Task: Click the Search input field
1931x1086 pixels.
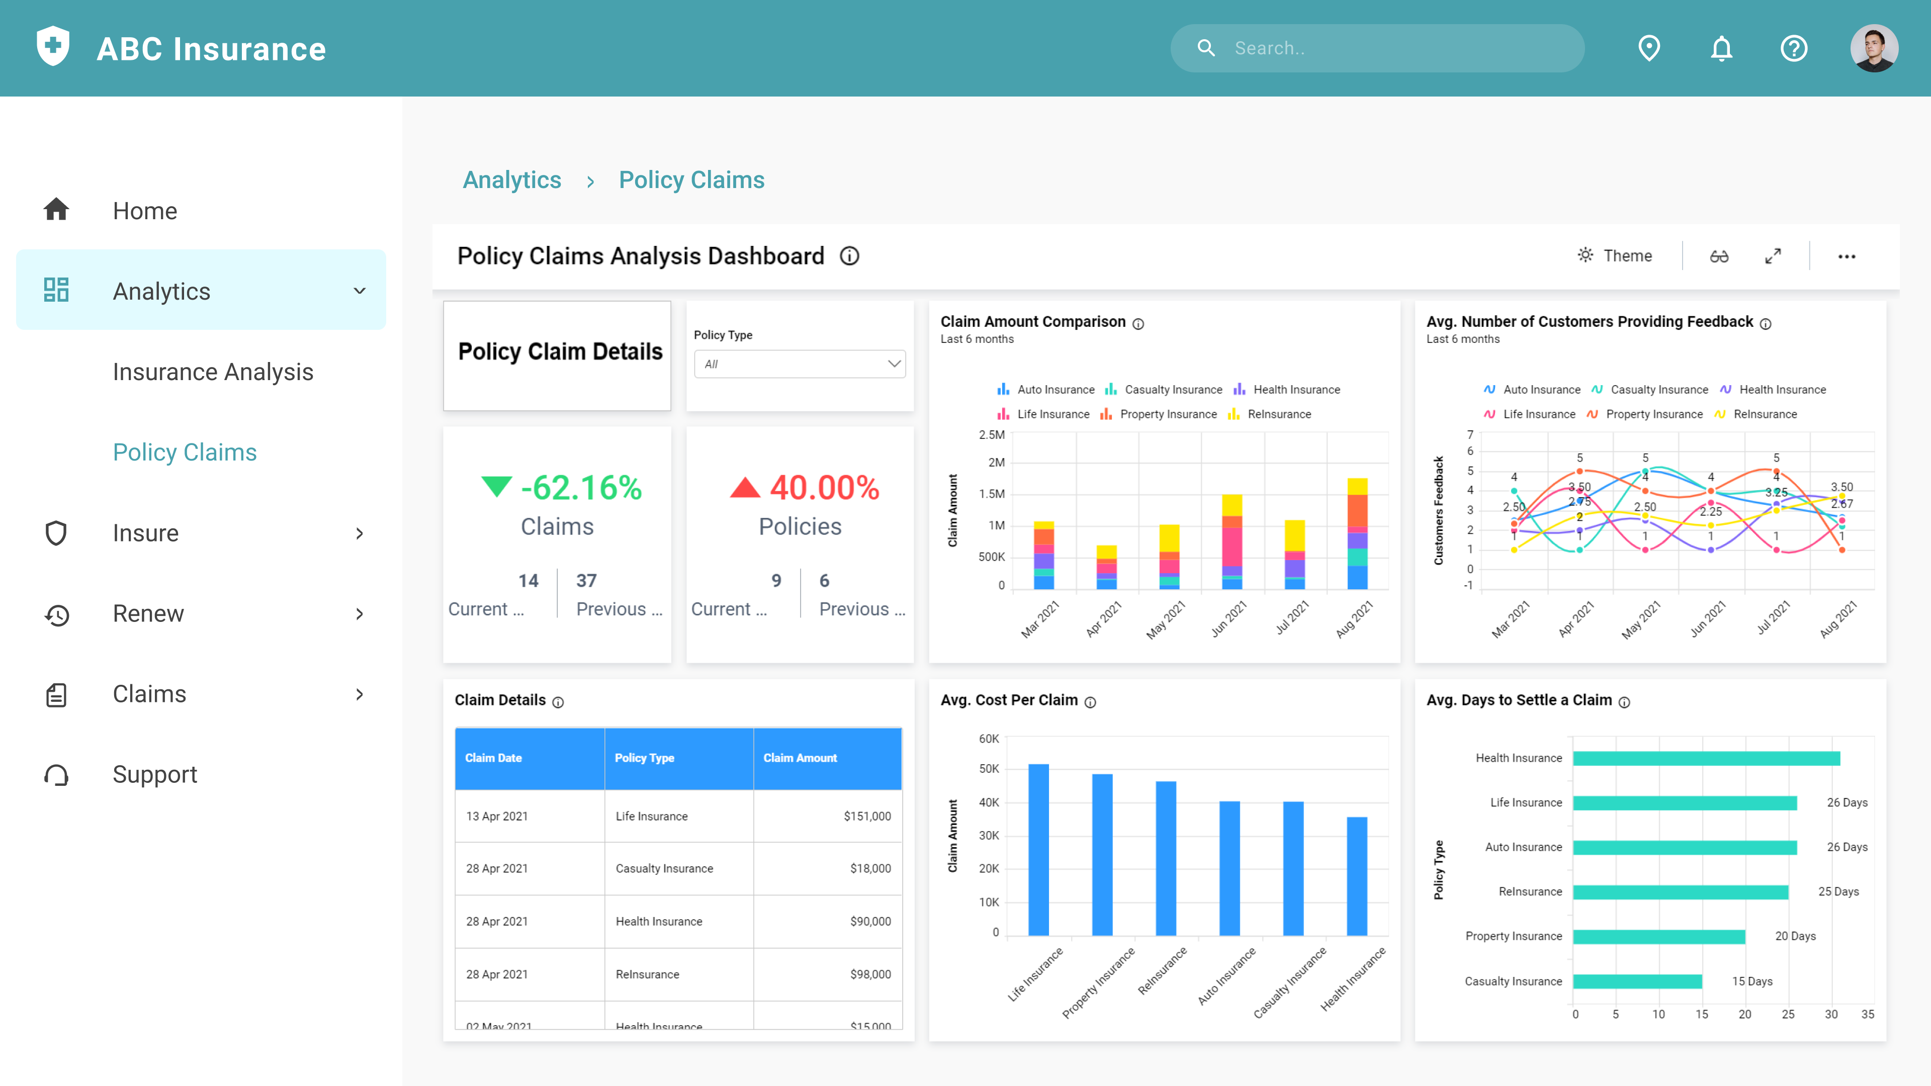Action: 1394,48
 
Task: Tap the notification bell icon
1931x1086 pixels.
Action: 1722,48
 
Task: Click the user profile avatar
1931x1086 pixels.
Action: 1874,48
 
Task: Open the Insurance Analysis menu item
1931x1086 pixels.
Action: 213,372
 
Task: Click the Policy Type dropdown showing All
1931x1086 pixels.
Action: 799,364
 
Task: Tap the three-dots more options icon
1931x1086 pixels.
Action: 1847,256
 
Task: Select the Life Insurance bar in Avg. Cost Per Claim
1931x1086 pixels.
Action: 1038,849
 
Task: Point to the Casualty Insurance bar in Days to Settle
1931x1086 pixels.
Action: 1637,981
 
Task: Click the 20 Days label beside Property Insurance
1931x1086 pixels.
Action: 1795,936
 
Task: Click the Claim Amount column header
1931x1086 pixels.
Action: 800,758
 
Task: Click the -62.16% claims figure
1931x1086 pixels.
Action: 581,488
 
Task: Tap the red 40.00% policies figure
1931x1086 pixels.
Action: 824,488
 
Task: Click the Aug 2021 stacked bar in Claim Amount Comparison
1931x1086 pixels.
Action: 1357,533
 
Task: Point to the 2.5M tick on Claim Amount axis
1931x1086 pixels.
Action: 991,435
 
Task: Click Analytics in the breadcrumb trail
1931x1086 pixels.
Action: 512,180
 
